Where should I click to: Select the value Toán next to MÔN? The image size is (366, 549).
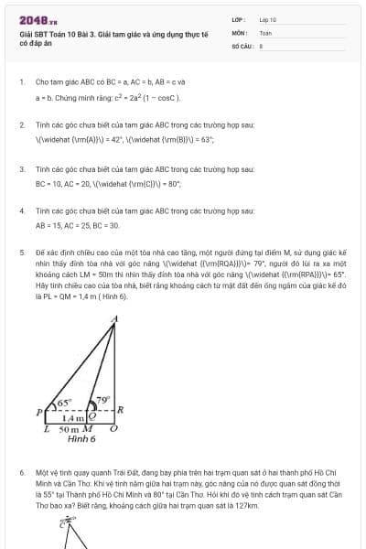click(x=265, y=32)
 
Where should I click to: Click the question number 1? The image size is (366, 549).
click(x=22, y=81)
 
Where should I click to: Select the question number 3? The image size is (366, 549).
click(x=22, y=169)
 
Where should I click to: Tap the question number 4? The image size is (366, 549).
click(x=22, y=210)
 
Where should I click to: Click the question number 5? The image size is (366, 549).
click(x=22, y=250)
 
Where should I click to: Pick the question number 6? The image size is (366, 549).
click(x=22, y=474)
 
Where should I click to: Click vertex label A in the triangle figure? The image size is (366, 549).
click(x=113, y=319)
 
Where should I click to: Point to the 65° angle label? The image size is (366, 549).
click(x=64, y=402)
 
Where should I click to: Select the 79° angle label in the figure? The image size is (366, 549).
click(x=103, y=399)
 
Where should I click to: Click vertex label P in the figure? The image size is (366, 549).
click(x=39, y=412)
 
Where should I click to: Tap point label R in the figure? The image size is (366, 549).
click(x=121, y=411)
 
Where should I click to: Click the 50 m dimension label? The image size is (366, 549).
click(x=70, y=428)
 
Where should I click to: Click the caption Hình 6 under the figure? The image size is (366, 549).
click(x=81, y=439)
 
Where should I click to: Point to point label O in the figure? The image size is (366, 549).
click(x=113, y=428)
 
